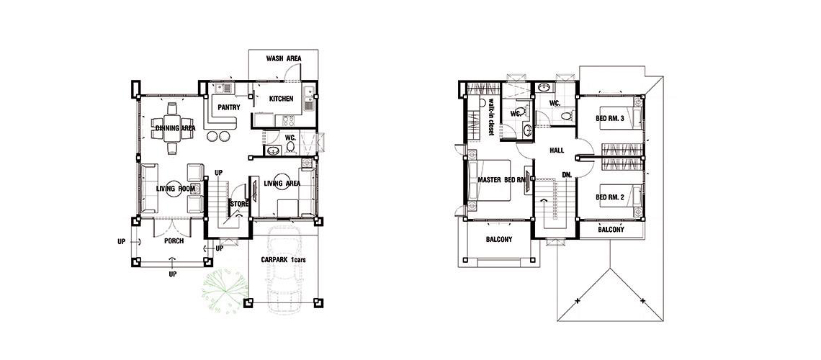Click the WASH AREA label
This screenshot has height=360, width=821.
click(284, 58)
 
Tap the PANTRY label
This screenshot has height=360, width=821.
click(229, 108)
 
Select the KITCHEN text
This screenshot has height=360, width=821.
click(281, 99)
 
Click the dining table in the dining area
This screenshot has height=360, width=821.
click(172, 128)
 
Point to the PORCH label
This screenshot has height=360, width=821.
click(174, 241)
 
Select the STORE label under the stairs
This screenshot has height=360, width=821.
click(239, 204)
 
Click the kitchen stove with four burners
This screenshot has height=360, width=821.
click(289, 120)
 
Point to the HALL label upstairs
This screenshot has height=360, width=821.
click(557, 150)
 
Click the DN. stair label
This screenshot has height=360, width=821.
click(567, 175)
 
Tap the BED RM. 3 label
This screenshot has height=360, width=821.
click(611, 118)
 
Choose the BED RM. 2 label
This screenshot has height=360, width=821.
click(611, 197)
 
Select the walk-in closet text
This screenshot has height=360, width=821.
click(492, 117)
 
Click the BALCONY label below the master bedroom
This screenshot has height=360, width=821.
click(499, 240)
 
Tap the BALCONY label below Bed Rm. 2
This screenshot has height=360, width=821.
click(611, 230)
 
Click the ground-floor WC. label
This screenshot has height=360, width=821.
click(291, 138)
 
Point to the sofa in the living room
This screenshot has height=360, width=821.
click(148, 189)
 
